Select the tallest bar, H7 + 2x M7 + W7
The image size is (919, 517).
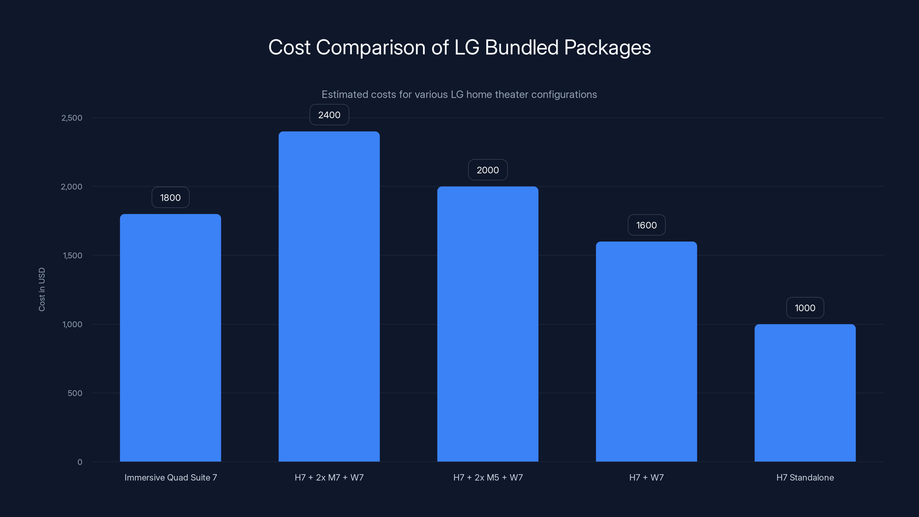click(329, 296)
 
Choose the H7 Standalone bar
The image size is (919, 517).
click(805, 392)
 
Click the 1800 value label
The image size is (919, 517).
click(170, 198)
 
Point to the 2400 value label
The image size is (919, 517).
click(329, 115)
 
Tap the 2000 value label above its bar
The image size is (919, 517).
click(488, 170)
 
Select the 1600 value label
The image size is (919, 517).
click(646, 225)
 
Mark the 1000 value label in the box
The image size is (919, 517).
click(805, 308)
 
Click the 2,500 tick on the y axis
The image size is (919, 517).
click(72, 118)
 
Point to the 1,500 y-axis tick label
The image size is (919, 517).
click(72, 255)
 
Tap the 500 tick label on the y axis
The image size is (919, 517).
click(75, 393)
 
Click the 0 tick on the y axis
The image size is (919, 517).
click(80, 462)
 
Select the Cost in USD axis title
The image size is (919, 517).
click(42, 289)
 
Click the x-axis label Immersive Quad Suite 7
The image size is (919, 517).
click(171, 477)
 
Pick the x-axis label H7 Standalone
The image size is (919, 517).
click(805, 477)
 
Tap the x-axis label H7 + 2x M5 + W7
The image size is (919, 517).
click(488, 477)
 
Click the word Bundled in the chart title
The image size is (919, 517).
click(521, 47)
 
